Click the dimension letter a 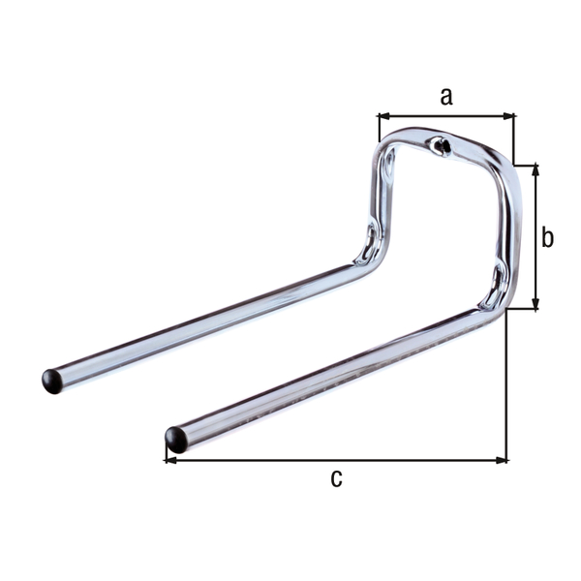coord(445,96)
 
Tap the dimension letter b coord(547,237)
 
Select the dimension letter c coord(336,477)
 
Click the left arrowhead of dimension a coord(382,115)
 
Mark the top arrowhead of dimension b coord(534,169)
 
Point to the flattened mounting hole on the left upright coord(369,241)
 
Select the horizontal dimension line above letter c coord(336,459)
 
